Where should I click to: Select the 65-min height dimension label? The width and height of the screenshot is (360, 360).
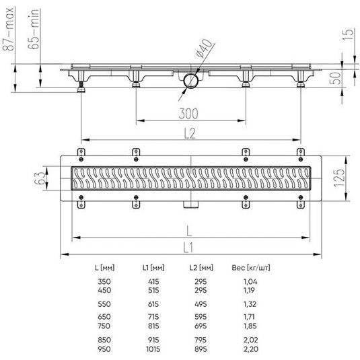tap(34, 29)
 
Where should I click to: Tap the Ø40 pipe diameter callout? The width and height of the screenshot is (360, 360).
tap(204, 48)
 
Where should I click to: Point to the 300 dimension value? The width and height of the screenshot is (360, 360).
tap(188, 114)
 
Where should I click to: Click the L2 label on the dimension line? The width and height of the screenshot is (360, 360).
tap(190, 133)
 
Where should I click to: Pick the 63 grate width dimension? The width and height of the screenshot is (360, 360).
tap(40, 178)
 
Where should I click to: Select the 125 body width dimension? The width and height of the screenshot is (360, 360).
tap(339, 178)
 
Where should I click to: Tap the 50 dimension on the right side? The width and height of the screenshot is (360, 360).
tap(335, 78)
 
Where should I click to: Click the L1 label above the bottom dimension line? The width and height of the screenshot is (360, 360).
tap(188, 248)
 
